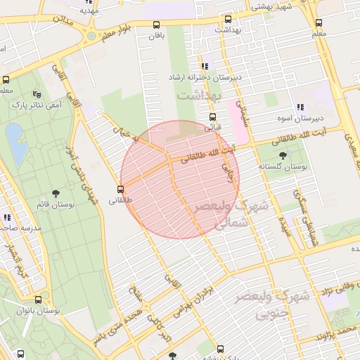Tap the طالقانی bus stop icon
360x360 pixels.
point(121,188)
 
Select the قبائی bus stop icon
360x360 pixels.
point(212,118)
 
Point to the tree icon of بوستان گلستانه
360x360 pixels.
point(283,155)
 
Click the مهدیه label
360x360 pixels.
point(87,11)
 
